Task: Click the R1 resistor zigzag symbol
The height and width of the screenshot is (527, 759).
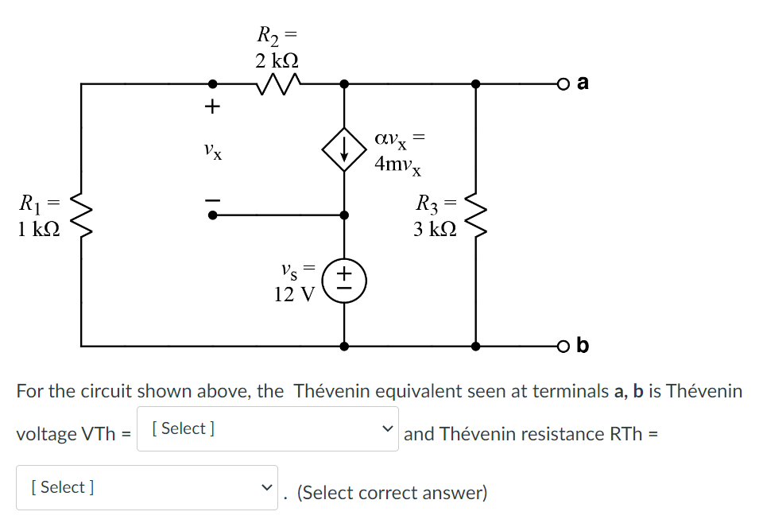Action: point(81,215)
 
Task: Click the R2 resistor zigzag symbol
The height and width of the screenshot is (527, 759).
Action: point(277,83)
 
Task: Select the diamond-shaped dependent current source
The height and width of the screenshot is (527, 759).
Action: point(343,149)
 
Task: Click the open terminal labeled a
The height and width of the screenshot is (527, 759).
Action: point(563,83)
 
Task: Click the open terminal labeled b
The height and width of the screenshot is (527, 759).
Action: point(563,347)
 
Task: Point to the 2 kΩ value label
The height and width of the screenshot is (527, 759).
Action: point(277,60)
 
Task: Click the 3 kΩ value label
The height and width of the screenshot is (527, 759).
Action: point(435,229)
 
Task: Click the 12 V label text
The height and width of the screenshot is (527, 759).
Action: point(293,295)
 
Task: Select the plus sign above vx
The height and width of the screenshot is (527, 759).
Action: point(212,107)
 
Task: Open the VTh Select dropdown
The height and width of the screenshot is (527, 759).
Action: point(267,429)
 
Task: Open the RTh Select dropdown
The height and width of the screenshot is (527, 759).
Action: point(147,487)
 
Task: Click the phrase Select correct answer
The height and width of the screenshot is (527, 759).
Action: point(391,493)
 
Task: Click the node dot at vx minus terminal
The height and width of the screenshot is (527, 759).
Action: point(212,215)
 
